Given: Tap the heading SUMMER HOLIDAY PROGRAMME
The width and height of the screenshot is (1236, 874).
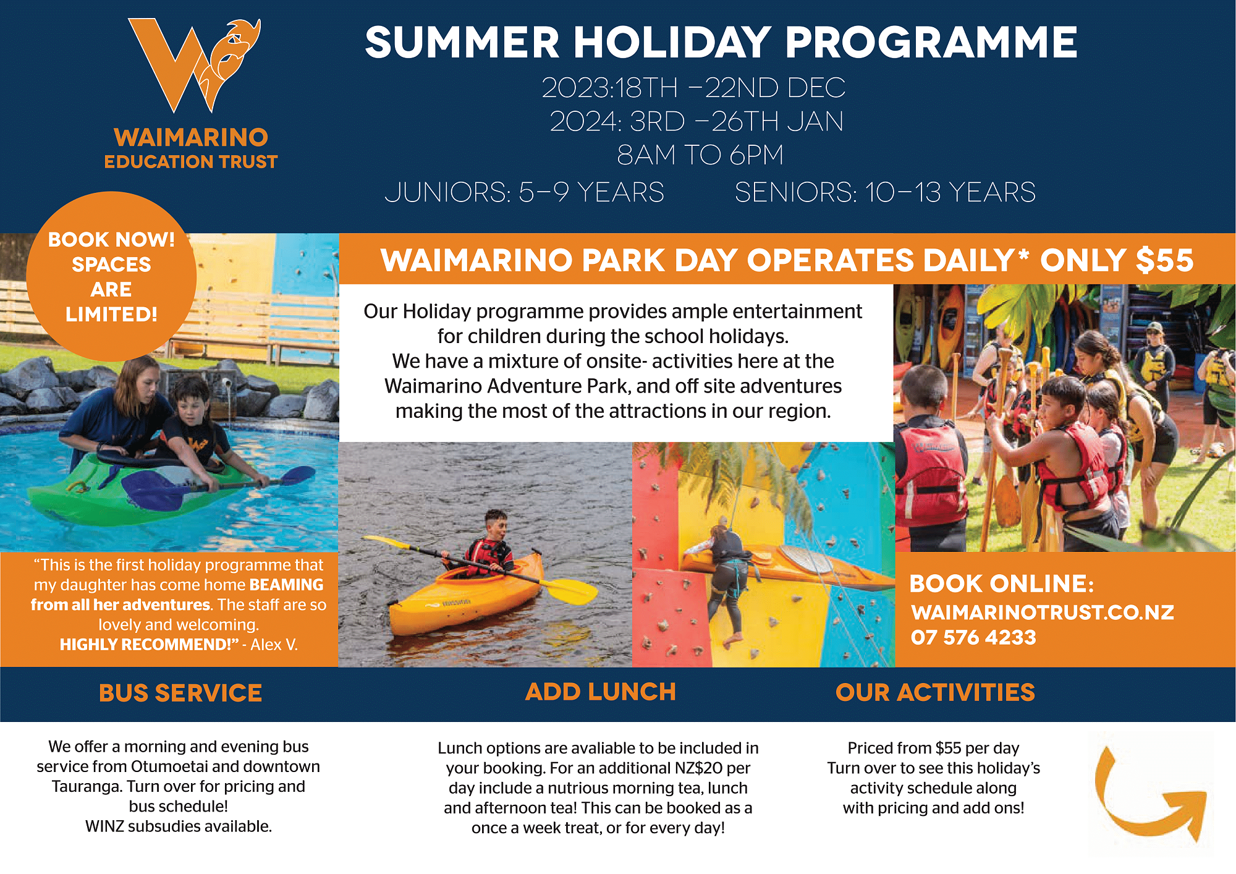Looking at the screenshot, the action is tap(721, 43).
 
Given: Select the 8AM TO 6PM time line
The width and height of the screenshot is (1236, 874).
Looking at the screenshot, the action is tap(700, 155).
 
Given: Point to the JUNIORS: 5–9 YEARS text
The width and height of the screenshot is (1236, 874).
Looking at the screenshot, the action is tap(524, 192).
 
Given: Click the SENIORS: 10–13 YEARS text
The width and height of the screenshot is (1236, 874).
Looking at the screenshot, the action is tap(885, 192).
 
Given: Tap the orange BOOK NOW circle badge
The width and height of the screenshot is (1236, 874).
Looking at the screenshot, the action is tap(111, 276).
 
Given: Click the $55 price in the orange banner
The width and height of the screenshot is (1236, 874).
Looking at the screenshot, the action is tap(1164, 260).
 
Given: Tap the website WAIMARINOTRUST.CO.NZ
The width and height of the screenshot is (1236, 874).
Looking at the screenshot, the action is tap(1043, 612).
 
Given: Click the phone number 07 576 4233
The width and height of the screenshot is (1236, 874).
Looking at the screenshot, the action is tap(973, 637).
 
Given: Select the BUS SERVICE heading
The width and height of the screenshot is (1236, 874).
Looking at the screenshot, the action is tap(180, 693).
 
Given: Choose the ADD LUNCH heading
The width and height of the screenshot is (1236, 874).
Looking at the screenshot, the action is tap(601, 692).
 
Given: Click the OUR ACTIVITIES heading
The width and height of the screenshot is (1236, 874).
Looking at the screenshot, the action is tap(935, 692).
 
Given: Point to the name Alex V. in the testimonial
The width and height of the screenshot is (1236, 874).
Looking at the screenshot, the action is tap(274, 645).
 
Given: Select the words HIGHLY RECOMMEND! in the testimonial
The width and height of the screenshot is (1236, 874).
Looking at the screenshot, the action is tap(146, 645).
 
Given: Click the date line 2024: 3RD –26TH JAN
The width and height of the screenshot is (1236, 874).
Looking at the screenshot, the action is tap(696, 121).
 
